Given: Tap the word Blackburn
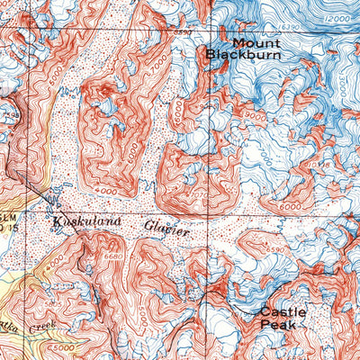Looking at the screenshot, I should [x=243, y=55].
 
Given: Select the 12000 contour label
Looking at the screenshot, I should [x=338, y=19].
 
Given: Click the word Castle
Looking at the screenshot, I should [x=283, y=312].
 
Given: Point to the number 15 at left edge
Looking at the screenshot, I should [x=15, y=225].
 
